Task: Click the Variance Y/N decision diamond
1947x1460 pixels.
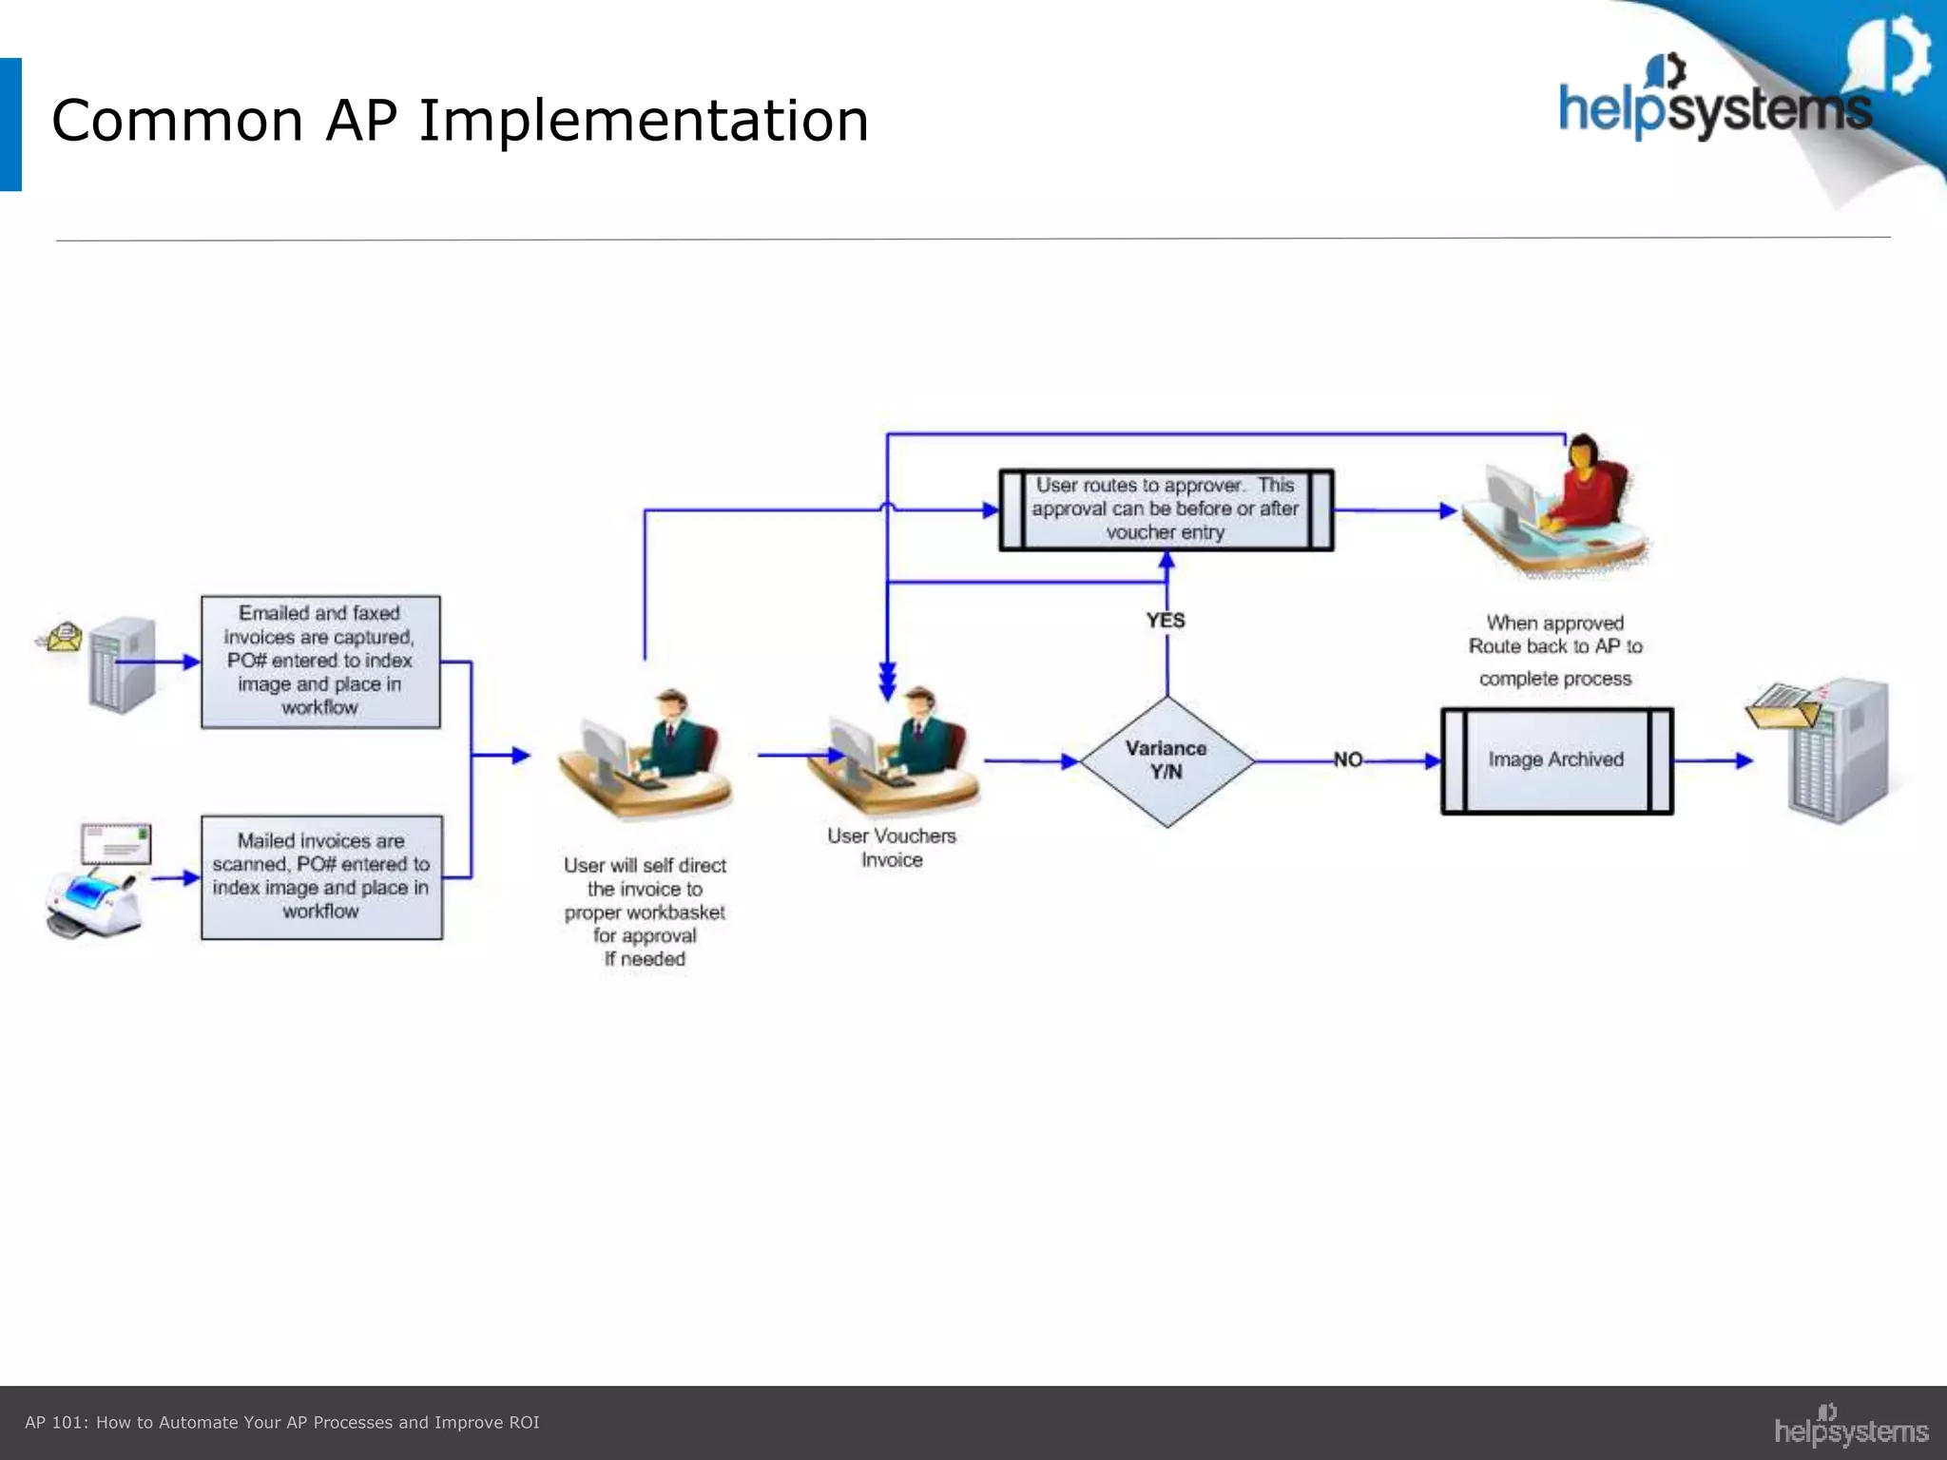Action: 1166,760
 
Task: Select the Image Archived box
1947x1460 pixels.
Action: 1556,760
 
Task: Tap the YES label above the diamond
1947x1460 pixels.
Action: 1166,621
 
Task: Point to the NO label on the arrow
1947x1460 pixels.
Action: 1348,759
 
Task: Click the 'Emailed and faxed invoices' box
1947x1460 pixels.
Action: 320,662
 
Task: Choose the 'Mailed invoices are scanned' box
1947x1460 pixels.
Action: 321,876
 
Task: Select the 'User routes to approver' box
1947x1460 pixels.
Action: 1166,509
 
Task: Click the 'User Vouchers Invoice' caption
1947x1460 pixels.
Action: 892,848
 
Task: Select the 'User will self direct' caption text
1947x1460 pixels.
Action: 645,912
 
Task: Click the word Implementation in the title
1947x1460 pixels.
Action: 644,121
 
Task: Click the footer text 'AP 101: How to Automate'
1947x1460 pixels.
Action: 281,1422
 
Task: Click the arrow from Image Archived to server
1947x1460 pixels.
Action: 1712,760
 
